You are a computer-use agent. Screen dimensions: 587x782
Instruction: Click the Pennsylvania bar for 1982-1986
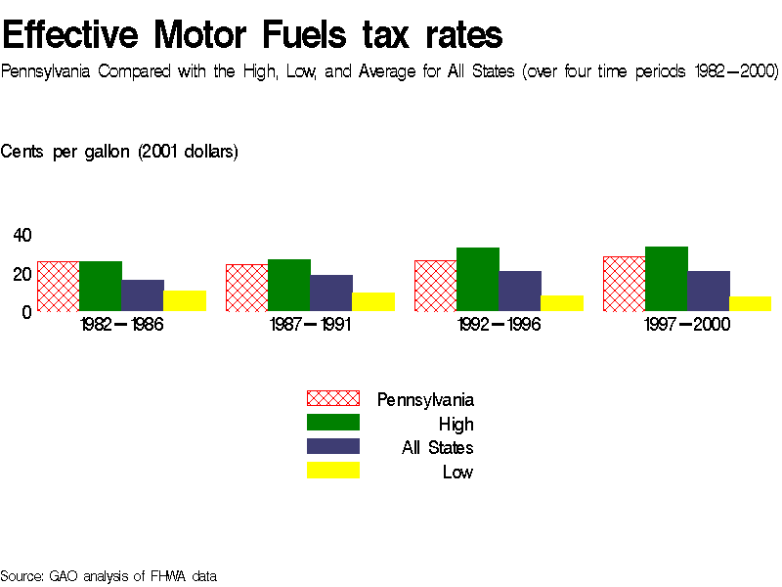pyautogui.click(x=58, y=286)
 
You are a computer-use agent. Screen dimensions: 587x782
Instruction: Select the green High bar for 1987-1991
pyautogui.click(x=288, y=285)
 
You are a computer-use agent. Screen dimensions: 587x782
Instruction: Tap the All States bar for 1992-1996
pyautogui.click(x=519, y=291)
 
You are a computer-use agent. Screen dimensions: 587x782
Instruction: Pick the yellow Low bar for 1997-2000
pyautogui.click(x=750, y=303)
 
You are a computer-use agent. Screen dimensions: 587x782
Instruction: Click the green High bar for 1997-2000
pyautogui.click(x=666, y=279)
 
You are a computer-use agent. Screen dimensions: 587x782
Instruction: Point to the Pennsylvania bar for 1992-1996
pyautogui.click(x=435, y=286)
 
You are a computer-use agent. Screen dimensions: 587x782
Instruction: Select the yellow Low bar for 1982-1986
pyautogui.click(x=185, y=300)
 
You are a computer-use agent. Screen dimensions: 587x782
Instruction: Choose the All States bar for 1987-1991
pyautogui.click(x=331, y=293)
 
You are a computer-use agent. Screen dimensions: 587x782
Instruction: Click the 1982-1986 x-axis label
pyautogui.click(x=121, y=325)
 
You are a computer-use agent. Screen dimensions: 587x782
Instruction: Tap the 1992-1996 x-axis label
pyautogui.click(x=499, y=325)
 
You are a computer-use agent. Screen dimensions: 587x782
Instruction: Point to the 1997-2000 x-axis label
pyautogui.click(x=687, y=325)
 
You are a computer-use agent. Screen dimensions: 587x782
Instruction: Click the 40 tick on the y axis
pyautogui.click(x=22, y=235)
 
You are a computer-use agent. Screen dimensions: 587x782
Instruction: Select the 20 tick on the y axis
pyautogui.click(x=22, y=274)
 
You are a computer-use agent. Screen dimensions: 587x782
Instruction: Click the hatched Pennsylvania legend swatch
pyautogui.click(x=333, y=398)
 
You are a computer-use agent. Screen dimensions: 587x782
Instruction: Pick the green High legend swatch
pyautogui.click(x=333, y=423)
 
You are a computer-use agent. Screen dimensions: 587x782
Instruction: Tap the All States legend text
pyautogui.click(x=437, y=448)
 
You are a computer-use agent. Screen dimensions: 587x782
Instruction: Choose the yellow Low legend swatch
pyautogui.click(x=333, y=471)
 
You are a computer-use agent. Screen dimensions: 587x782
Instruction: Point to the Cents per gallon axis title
pyautogui.click(x=119, y=152)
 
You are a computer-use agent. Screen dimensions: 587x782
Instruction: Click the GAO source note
pyautogui.click(x=108, y=576)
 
